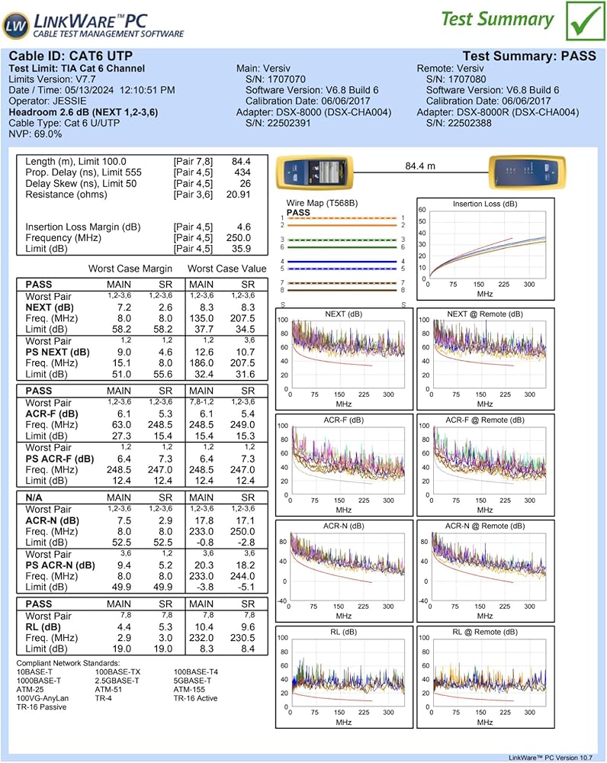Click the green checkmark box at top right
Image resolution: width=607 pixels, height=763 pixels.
(x=583, y=21)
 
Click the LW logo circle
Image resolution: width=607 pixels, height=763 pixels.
(x=15, y=26)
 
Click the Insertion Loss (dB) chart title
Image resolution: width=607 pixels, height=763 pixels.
(x=485, y=204)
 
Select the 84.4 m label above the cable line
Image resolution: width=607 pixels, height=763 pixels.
(x=420, y=165)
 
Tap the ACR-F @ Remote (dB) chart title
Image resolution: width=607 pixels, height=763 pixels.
(x=485, y=420)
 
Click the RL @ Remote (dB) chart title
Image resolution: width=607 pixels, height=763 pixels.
(x=485, y=632)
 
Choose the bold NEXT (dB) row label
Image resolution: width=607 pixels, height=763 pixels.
(x=50, y=307)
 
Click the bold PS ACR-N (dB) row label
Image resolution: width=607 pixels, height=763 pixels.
(x=60, y=565)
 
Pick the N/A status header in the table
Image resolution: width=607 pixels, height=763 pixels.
(x=35, y=497)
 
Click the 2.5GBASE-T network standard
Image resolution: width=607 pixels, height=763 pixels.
(x=117, y=681)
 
